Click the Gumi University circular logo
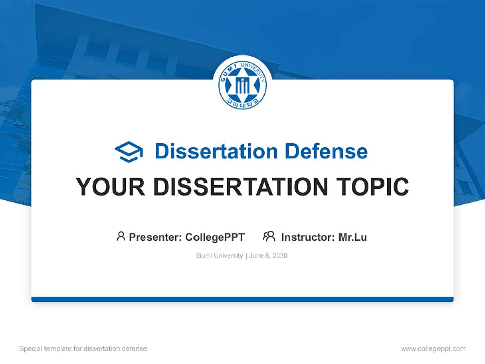pos(243,84)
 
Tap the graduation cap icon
pos(129,152)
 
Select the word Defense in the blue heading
pos(326,151)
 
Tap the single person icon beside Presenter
pos(121,236)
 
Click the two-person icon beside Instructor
pos(269,236)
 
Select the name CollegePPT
pos(215,237)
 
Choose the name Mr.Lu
pos(353,237)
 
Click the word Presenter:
pos(156,237)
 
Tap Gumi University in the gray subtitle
pos(219,256)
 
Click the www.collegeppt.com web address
pos(433,349)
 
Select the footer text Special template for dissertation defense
pos(83,349)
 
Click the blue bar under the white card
pos(243,299)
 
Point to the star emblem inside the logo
pos(243,83)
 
